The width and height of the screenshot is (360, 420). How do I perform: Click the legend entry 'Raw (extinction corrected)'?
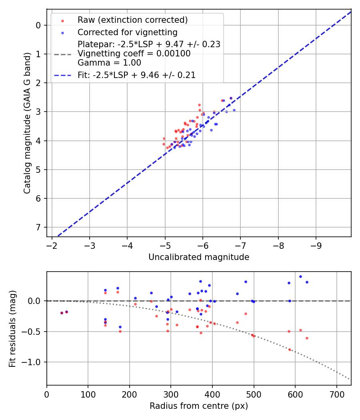coord(132,20)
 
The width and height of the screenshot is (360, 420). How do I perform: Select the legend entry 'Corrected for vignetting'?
coord(127,32)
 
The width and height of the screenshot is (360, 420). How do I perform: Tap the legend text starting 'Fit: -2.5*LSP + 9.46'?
coord(136,75)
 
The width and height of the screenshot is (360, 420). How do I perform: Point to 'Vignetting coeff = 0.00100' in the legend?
coord(134,54)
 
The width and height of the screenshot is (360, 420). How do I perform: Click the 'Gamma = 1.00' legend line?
coord(109,63)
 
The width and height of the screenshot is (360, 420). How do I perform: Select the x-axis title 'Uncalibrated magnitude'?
coord(199,257)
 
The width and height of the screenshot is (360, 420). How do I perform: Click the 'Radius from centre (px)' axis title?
coord(199,406)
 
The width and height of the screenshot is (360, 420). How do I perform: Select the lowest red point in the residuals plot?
coord(290,350)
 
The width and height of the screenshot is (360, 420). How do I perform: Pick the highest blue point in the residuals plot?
coord(300,276)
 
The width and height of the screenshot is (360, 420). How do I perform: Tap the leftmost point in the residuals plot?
coord(62,313)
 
